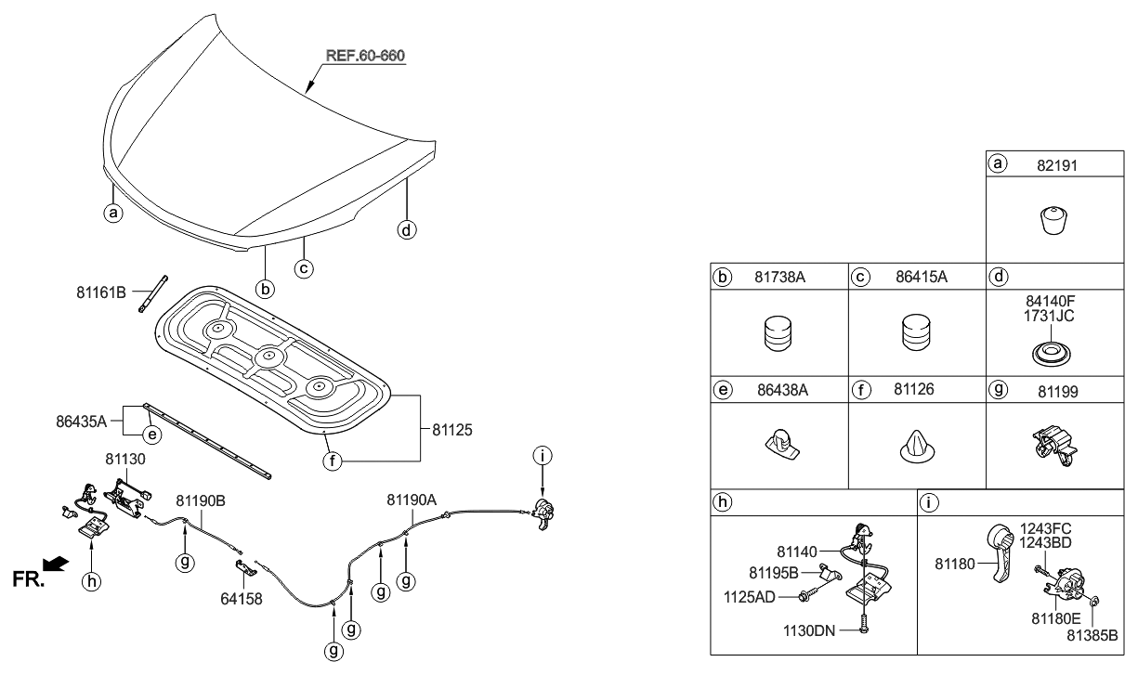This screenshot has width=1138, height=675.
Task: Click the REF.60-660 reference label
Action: pyautogui.click(x=365, y=57)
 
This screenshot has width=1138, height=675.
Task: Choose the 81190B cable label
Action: pyautogui.click(x=200, y=500)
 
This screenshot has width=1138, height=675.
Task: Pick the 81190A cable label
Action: pyautogui.click(x=411, y=500)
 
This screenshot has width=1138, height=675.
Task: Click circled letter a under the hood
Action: pyautogui.click(x=112, y=213)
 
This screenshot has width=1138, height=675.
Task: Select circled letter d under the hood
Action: pyautogui.click(x=406, y=229)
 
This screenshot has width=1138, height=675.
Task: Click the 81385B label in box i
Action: pyautogui.click(x=1092, y=636)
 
